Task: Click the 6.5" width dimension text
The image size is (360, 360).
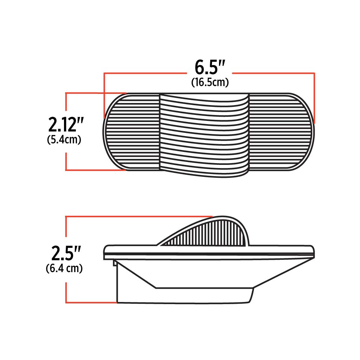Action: [210, 67]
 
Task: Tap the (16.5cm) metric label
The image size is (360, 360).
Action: [210, 83]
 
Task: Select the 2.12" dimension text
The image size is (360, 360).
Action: [66, 124]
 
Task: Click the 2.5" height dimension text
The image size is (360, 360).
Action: [66, 253]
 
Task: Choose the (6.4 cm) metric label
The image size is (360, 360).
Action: [64, 269]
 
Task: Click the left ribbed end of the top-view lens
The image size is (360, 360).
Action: [132, 132]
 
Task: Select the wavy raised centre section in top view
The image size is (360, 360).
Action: [204, 135]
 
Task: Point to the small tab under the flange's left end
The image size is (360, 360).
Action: [115, 262]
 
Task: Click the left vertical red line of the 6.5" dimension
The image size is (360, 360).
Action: [104, 95]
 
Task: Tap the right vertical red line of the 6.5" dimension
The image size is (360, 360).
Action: [314, 98]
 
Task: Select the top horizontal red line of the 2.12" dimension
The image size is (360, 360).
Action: [95, 93]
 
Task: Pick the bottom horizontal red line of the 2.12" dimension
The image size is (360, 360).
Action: [95, 170]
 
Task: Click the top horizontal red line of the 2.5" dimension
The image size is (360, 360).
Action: [141, 217]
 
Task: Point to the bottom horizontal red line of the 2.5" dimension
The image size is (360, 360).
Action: [91, 302]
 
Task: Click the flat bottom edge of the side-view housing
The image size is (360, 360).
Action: [183, 302]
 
